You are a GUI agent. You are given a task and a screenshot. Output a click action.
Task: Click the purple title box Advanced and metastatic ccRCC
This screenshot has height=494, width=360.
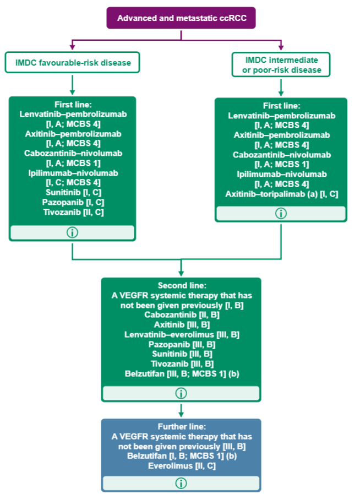tap(181, 18)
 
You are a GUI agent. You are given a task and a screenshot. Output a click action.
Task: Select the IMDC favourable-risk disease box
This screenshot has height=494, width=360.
tap(72, 63)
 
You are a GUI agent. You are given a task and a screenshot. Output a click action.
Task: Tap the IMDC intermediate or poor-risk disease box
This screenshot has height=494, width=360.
tap(281, 64)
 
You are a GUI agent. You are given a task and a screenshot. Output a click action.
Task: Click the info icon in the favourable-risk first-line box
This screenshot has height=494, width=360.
tap(72, 232)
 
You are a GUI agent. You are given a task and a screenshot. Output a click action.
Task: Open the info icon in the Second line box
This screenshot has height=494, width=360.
tap(181, 393)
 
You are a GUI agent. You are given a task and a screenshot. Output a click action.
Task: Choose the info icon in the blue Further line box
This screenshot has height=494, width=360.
tap(181, 483)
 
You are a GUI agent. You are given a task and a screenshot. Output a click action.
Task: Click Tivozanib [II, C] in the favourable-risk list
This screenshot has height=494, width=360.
tap(72, 212)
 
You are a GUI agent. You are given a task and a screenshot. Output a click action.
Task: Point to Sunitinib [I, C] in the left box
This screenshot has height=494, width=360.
tap(72, 192)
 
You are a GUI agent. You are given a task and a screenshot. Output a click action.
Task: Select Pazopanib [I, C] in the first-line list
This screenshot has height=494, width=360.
tap(72, 202)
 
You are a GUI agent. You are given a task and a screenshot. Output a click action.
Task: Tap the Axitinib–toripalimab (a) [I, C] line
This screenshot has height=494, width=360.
tap(281, 194)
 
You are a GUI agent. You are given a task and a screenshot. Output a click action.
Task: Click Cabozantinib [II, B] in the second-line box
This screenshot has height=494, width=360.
tap(181, 314)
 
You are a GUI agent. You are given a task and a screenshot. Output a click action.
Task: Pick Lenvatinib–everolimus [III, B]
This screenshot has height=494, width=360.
tap(181, 334)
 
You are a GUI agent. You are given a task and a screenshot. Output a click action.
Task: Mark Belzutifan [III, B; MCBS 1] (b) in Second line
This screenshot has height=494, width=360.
tap(181, 374)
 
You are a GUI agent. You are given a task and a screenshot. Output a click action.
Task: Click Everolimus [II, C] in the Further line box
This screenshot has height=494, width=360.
tap(181, 466)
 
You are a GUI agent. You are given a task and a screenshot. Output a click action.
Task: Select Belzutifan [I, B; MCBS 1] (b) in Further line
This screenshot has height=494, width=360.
tap(181, 456)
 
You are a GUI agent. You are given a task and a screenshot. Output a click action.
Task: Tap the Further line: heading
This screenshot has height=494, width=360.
tap(181, 426)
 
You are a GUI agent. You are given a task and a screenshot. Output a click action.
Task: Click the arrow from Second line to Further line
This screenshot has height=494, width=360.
tap(181, 410)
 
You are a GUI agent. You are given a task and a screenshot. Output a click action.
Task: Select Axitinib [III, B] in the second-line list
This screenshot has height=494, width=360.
tap(181, 324)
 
